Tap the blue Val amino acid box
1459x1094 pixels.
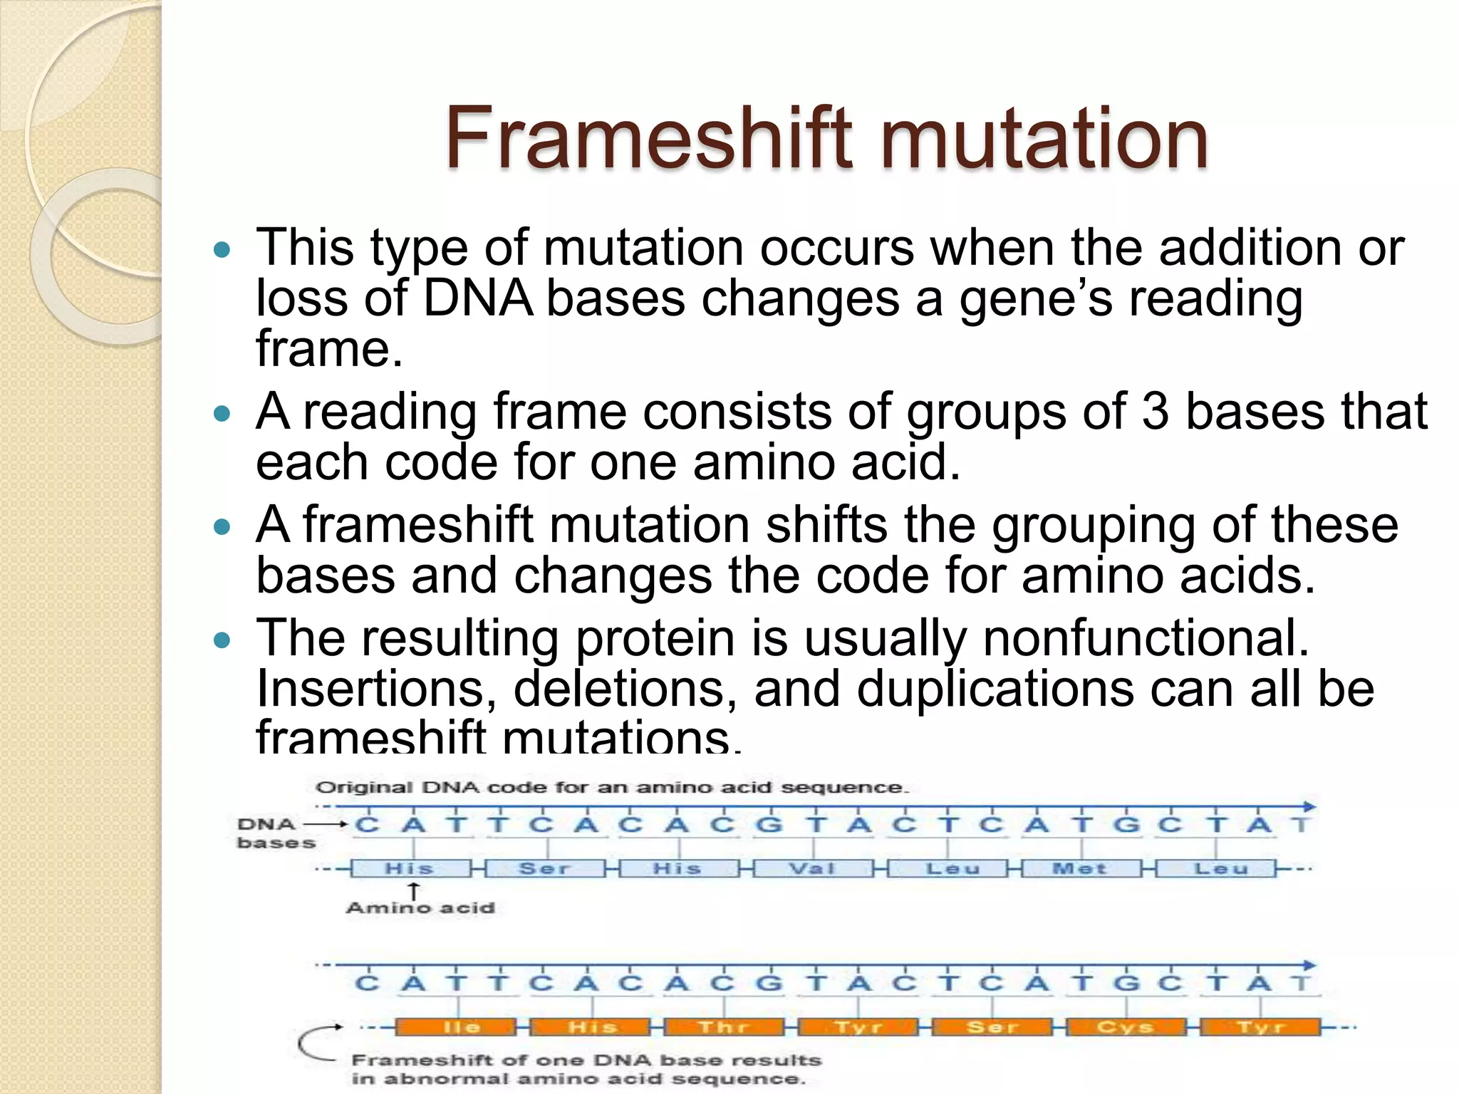point(813,869)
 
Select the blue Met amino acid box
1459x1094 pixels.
point(1080,869)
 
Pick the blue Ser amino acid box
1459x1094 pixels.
point(545,869)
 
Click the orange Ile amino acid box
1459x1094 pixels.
point(457,1027)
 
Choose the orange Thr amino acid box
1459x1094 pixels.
point(724,1027)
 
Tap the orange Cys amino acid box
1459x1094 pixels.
point(1125,1027)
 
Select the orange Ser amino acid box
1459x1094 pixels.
point(992,1027)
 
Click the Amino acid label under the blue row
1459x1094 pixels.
point(420,908)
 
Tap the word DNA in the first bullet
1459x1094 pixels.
point(477,298)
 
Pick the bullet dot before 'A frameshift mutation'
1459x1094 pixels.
point(223,527)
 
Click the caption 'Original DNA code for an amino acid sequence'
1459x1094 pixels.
point(612,788)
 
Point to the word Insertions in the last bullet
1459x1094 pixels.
point(375,689)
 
